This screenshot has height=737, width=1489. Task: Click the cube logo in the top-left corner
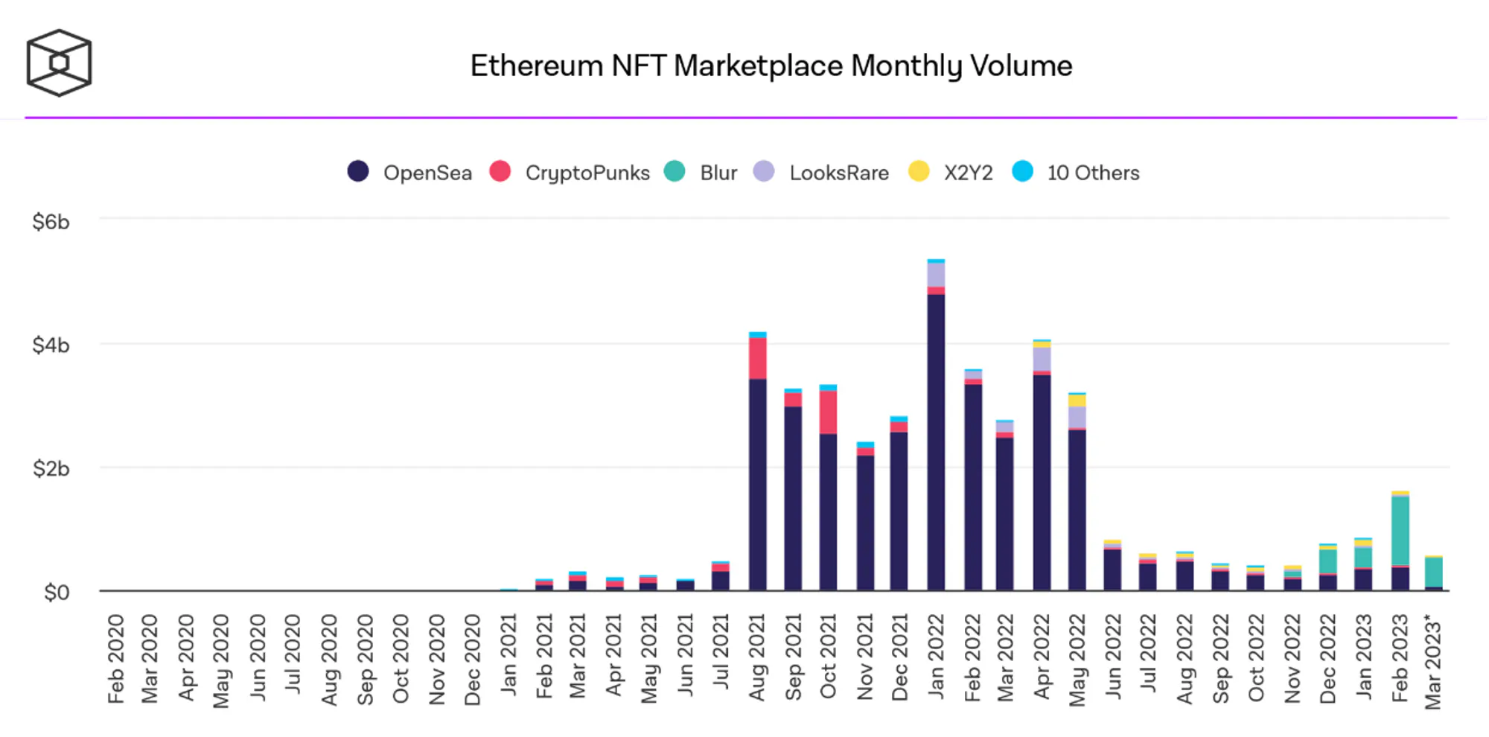point(59,63)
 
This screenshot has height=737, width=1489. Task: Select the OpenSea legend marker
point(358,171)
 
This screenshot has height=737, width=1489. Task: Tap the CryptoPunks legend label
point(587,173)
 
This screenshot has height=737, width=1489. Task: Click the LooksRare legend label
point(838,173)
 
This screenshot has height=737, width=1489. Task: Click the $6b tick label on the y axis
point(51,222)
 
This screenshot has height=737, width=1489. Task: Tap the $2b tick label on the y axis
point(51,469)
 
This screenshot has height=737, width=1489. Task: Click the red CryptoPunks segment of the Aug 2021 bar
point(758,358)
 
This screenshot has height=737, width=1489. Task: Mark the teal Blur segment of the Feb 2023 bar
point(1400,530)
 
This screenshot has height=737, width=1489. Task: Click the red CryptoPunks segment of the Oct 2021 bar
point(828,412)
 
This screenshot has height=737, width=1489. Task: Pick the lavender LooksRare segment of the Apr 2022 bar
point(1042,359)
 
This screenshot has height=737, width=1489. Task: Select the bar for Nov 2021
point(865,521)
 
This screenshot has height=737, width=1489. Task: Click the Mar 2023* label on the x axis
point(1433,661)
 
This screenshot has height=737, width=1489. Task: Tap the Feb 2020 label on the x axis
point(115,659)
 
